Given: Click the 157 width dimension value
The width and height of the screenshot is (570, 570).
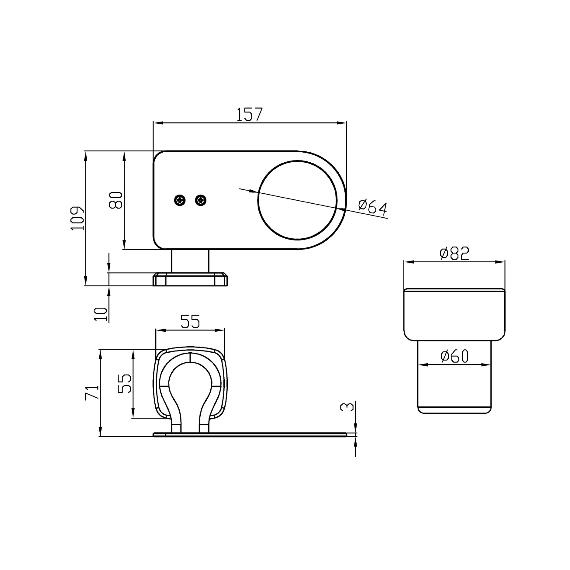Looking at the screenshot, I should pos(249,115).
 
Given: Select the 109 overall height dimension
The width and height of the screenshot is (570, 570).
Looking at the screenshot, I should pos(77,218).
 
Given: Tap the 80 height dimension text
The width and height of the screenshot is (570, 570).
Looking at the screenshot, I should pos(116,200).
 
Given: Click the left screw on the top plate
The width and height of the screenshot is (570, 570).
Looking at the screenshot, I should pos(180,200).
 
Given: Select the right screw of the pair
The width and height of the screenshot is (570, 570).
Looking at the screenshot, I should pos(201,200).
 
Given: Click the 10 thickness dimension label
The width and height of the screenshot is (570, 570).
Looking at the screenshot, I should pos(101,314).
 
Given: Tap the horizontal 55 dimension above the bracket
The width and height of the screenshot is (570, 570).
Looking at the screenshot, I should pos(190,322).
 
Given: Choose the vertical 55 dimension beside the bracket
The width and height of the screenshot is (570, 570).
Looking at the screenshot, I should pos(125,383).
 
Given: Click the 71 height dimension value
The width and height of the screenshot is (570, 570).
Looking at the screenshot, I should pos(92,392).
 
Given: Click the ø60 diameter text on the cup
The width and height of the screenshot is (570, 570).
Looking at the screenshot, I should pos(454,356).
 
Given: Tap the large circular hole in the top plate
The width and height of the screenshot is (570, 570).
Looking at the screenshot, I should pos(297,200).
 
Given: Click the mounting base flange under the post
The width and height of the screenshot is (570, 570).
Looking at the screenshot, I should pos(190,279).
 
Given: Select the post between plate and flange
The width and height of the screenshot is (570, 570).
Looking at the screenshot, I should pos(190,261).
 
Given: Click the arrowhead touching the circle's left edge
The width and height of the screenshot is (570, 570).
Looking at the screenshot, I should pos(254,191).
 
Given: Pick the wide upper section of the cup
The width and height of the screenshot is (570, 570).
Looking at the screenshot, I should pos(454,315).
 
